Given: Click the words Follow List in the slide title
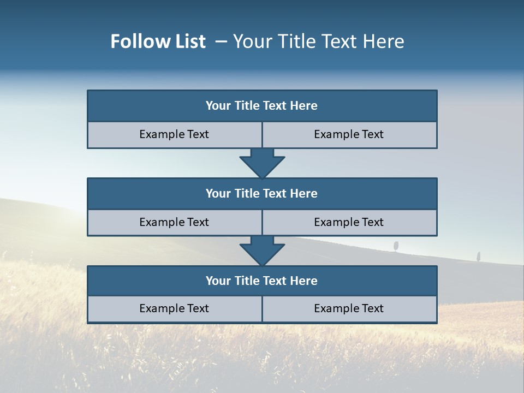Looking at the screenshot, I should point(158,41).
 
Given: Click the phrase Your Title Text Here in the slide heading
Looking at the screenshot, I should point(318,41).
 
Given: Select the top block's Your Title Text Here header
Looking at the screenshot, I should point(261,106).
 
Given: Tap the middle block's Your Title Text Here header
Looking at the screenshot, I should point(261,193).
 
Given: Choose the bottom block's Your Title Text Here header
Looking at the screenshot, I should point(261,281).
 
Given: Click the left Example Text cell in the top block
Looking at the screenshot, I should point(174,134).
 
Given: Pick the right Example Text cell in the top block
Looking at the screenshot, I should point(349,134).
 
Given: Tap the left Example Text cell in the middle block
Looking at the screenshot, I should point(174,222).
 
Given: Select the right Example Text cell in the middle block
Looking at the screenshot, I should point(349,222).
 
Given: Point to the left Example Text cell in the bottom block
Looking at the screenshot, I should point(174,308).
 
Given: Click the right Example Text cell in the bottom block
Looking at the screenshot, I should point(349,308).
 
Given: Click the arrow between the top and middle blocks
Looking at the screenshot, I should point(262,163).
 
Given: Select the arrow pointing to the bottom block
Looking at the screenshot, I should point(262,251).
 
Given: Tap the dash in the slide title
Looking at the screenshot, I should point(221,41).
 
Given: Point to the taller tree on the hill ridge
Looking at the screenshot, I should point(396,245).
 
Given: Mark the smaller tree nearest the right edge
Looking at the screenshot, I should point(479,255).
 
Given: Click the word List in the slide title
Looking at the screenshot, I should point(187,41).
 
